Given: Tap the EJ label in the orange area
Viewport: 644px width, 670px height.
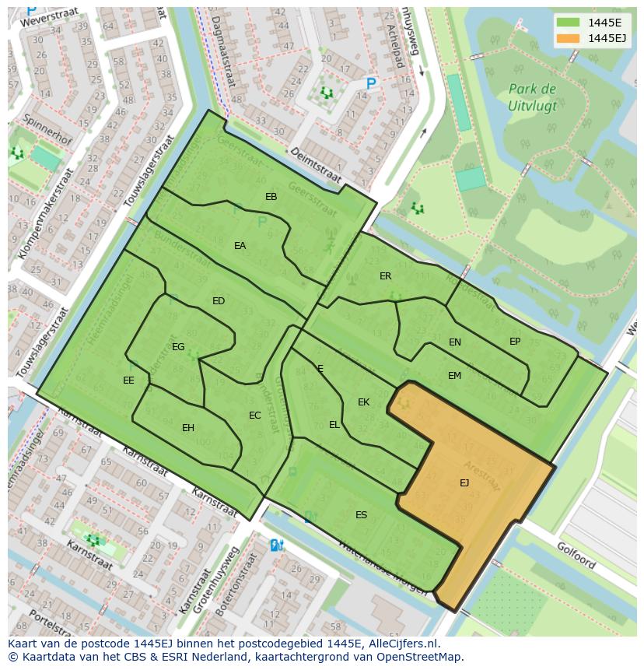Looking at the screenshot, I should (464, 482).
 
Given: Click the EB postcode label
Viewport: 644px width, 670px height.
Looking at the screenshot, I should (271, 197).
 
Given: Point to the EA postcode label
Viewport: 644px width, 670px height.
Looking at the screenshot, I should (240, 246).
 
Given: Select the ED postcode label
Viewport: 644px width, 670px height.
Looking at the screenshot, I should (219, 301).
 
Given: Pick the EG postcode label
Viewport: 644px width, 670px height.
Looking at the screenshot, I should (178, 347).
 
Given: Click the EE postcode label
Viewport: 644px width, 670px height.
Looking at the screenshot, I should (128, 381).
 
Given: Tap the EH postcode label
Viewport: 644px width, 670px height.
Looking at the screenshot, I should (188, 428).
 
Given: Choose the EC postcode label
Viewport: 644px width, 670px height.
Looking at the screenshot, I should (254, 416).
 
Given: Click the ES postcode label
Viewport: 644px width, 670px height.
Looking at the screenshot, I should (361, 515).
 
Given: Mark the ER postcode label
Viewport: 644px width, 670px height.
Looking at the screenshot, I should (385, 276).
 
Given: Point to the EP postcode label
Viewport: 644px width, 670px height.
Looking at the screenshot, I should (515, 342).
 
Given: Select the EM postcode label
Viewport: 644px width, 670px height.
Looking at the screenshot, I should (454, 376).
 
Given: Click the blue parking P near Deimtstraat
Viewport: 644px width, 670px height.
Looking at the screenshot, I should (371, 83).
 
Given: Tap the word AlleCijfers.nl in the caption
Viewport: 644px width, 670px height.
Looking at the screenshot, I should (401, 644).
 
